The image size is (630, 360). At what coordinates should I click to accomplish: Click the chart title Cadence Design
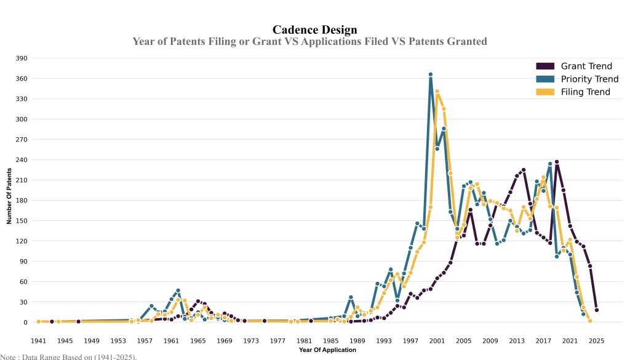(x=314, y=30)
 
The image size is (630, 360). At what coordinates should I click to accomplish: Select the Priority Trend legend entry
(x=589, y=79)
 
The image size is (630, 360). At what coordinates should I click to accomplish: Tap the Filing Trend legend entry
(x=585, y=92)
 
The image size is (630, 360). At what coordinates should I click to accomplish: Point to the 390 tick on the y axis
(x=22, y=58)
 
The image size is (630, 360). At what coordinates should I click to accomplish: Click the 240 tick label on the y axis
(x=22, y=160)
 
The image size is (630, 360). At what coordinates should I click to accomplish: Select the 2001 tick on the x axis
(x=437, y=340)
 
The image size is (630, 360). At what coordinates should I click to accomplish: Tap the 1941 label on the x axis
(x=38, y=340)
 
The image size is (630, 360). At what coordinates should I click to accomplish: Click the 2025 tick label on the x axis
(x=596, y=340)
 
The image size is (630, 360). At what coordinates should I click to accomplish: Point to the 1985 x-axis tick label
(x=330, y=340)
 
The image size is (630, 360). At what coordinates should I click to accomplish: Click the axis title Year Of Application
(x=327, y=350)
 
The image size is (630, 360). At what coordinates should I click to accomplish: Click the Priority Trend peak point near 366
(x=431, y=74)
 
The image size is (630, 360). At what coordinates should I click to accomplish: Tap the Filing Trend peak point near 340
(x=437, y=92)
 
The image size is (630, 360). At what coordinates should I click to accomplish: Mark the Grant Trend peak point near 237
(x=557, y=162)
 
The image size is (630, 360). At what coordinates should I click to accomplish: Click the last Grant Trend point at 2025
(x=596, y=310)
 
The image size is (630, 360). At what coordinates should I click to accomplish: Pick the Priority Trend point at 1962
(x=178, y=290)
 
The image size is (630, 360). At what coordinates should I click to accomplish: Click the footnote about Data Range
(x=68, y=356)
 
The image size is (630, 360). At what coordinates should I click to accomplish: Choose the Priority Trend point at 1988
(x=351, y=297)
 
